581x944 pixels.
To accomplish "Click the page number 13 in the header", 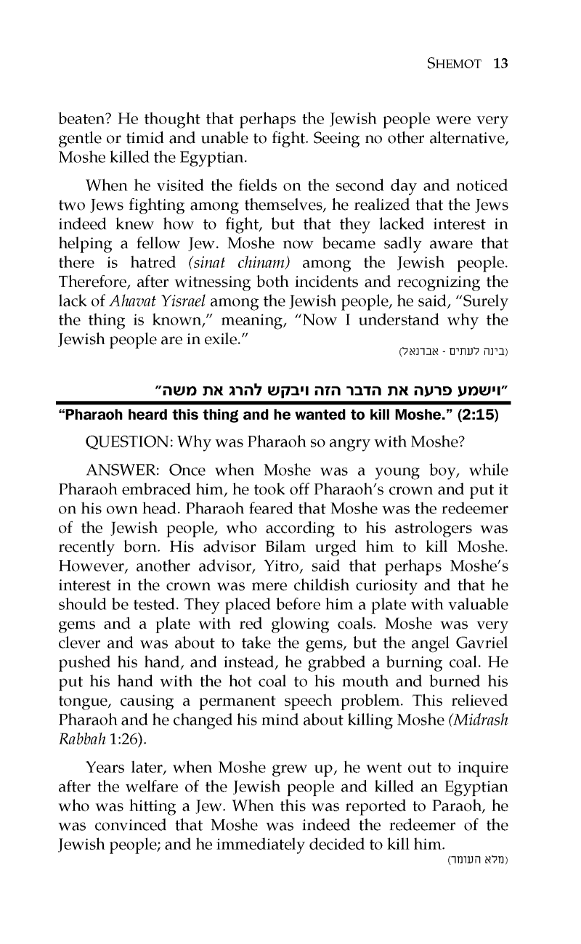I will [x=499, y=63].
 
